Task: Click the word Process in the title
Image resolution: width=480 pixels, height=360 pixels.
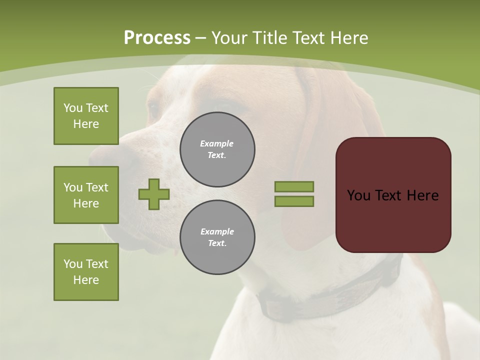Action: tap(157, 38)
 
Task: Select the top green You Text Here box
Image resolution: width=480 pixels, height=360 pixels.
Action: tap(86, 116)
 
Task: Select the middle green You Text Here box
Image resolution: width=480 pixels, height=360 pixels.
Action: tap(86, 195)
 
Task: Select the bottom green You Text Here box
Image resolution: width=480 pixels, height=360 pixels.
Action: tap(86, 272)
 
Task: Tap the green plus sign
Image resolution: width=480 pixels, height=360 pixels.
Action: tap(154, 194)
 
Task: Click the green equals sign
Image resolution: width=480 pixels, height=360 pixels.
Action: tap(294, 194)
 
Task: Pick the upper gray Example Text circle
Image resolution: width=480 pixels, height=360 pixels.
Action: tap(217, 149)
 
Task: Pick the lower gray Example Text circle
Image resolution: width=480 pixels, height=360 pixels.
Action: tap(217, 237)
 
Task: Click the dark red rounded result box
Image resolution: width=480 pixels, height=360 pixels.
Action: tap(393, 195)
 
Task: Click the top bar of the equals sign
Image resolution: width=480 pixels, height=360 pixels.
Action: tap(294, 186)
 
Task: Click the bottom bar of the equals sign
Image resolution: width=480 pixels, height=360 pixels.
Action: tap(294, 201)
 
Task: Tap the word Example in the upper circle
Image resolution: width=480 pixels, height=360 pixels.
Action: tap(217, 144)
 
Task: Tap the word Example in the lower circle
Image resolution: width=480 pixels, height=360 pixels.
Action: tap(217, 232)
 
